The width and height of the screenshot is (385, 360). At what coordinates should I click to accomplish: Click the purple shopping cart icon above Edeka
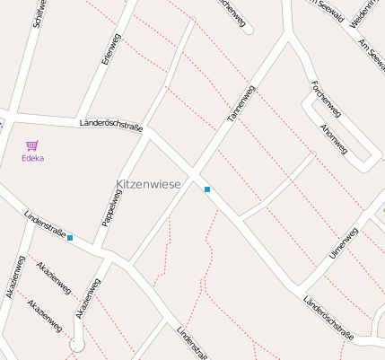tap(33, 145)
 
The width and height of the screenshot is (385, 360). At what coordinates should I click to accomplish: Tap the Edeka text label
tap(33, 158)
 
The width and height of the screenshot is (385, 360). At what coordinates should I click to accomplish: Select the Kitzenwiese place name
tap(148, 184)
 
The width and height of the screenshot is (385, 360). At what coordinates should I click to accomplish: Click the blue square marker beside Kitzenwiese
tap(207, 189)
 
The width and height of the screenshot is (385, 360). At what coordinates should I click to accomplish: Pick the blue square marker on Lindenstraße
tap(70, 238)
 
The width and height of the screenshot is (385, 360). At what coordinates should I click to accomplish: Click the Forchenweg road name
tap(325, 98)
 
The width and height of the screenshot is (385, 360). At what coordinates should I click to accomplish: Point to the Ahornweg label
tap(333, 137)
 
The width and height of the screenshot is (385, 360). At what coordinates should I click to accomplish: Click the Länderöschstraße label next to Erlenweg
tap(111, 125)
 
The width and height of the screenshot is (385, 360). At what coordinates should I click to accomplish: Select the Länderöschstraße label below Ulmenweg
tap(328, 318)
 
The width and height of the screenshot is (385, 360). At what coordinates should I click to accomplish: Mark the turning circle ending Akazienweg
tap(77, 345)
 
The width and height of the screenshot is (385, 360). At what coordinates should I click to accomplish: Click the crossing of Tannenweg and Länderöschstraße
tap(196, 171)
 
